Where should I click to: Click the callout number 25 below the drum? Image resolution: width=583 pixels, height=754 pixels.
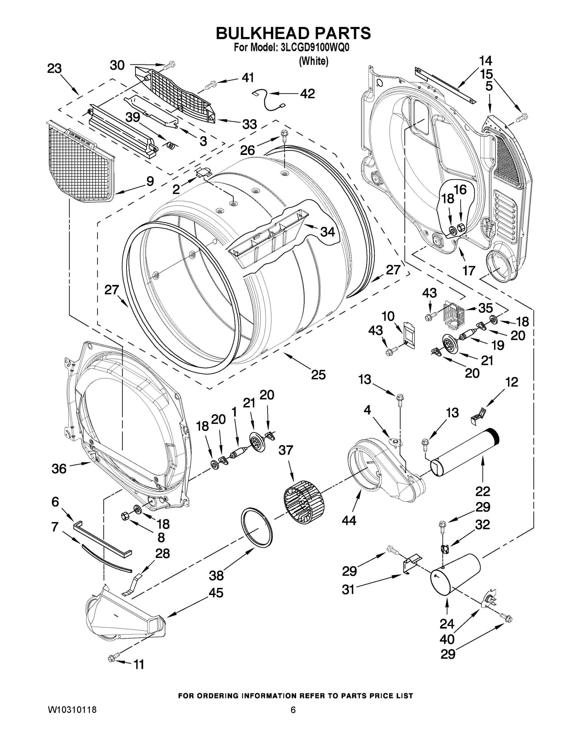(318, 374)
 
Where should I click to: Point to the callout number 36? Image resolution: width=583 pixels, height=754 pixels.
(59, 468)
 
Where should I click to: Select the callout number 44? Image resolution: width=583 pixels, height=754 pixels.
(349, 520)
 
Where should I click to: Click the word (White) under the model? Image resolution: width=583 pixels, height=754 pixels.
(313, 62)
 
